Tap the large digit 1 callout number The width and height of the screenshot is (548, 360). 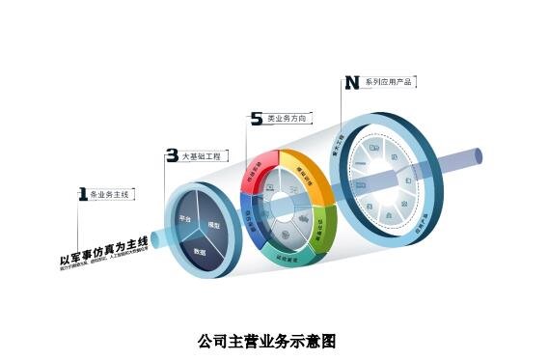[82, 194]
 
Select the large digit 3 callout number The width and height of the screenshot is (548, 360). [172, 154]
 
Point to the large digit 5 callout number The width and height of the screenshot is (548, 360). [256, 119]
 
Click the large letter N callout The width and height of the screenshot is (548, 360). [352, 83]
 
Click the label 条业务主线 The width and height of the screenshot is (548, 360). [108, 195]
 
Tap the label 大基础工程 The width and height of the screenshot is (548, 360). [201, 154]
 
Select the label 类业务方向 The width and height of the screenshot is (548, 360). [287, 119]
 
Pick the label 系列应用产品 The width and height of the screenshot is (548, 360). [389, 83]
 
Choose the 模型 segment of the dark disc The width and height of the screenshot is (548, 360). [214, 225]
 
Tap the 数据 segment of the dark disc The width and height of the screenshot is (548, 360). [200, 250]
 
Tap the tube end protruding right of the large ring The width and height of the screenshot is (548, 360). [478, 157]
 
